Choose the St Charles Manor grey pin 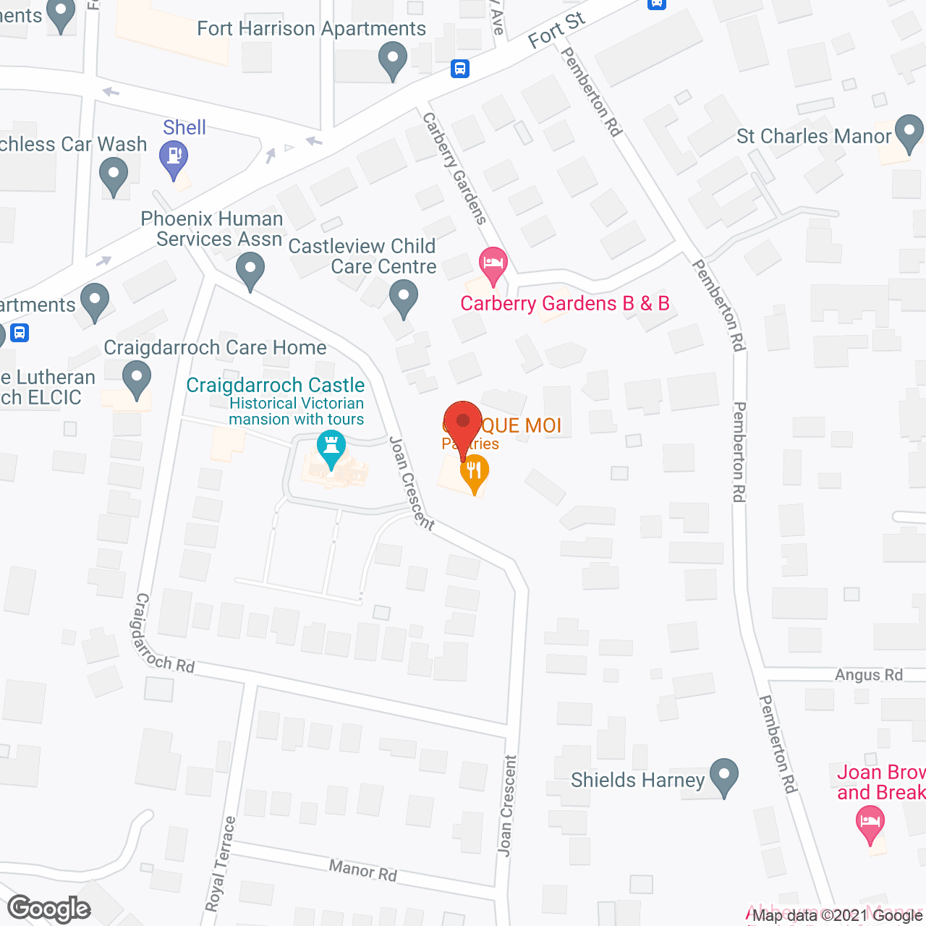[909, 132]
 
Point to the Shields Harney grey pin [723, 776]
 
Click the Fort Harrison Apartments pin [393, 60]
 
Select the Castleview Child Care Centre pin [404, 297]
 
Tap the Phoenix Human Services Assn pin [250, 270]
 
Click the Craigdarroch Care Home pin [137, 378]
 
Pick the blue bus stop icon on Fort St [460, 69]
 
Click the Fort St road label [556, 30]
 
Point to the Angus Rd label [868, 675]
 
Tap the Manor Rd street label [363, 870]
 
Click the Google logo [49, 909]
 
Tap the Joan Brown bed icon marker [870, 823]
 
